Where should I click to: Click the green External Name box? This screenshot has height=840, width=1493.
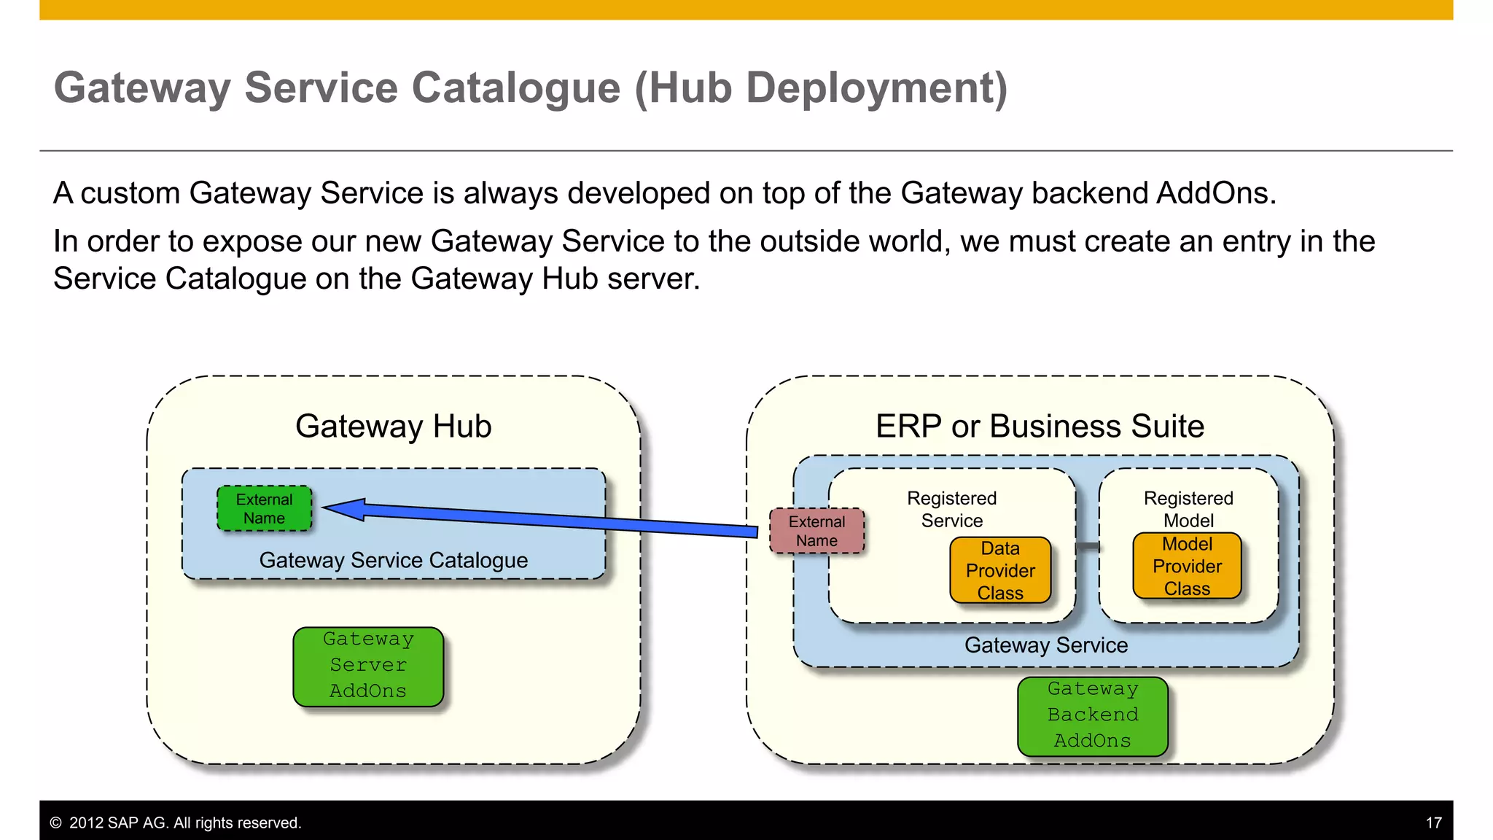264,508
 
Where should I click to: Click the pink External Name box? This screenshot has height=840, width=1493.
816,531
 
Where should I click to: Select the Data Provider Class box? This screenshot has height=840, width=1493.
1000,570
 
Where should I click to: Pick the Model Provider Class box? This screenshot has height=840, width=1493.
1187,566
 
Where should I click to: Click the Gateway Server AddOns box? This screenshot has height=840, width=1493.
368,666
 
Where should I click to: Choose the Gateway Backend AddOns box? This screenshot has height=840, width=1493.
1092,715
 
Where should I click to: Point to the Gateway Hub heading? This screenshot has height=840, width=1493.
393,426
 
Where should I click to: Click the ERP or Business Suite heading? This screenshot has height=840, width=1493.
1040,426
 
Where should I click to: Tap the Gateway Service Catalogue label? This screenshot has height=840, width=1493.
393,560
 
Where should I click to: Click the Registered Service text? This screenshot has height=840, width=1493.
951,509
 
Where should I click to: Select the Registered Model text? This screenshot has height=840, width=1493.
1188,509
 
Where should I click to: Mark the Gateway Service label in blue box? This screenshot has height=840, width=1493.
1045,645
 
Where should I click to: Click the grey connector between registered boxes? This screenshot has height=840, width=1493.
1088,546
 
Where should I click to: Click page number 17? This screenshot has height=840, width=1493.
1433,822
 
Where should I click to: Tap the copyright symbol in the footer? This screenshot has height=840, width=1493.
55,822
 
